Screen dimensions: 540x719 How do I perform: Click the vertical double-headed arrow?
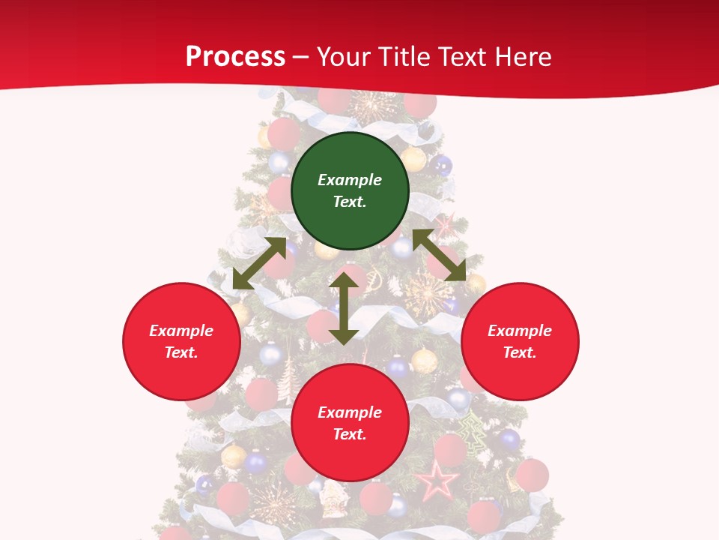pos(344,308)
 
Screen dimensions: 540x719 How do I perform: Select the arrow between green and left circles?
pos(259,263)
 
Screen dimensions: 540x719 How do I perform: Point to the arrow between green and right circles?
pos(439,255)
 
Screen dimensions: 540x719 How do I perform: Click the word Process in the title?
pos(235,56)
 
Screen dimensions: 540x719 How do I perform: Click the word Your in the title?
pos(345,56)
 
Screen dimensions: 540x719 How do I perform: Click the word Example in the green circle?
pos(350,180)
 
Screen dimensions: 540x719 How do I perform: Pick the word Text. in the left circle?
pos(181,352)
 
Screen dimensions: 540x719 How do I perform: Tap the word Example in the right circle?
pos(520,331)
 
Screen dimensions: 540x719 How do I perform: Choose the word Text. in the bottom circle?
pos(350,434)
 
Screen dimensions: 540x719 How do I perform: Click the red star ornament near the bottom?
pos(437,480)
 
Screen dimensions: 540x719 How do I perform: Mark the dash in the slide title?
pos(301,57)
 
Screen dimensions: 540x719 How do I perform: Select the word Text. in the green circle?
pos(350,202)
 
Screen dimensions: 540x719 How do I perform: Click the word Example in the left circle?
pos(181,331)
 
